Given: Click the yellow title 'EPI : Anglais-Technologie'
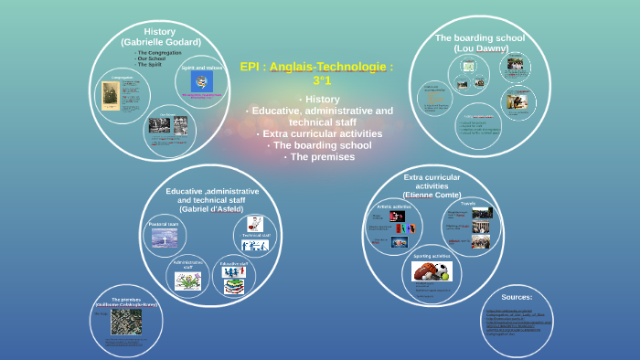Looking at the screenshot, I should click(316, 67).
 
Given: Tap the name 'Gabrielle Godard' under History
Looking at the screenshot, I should click(161, 42).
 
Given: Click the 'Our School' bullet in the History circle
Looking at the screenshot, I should click(150, 58).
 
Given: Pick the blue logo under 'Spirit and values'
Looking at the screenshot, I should click(202, 81).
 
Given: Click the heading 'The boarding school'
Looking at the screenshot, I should click(480, 37).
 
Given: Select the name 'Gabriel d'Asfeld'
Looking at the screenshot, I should click(211, 209).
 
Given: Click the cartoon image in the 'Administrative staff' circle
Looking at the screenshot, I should click(188, 281).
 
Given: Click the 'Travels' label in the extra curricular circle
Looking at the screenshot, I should click(468, 203).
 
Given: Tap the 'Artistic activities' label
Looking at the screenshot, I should click(394, 207).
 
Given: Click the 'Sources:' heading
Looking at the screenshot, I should click(517, 297).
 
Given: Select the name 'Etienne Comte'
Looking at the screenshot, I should click(432, 195).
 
